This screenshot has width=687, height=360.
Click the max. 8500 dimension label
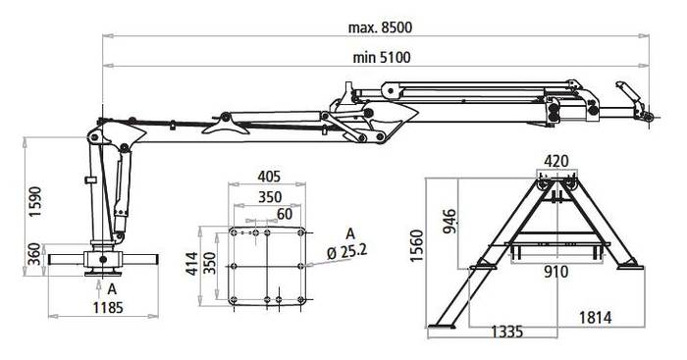pos(380,27)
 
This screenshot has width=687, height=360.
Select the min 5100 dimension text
pos(382,58)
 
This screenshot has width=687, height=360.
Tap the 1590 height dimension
pos(34,202)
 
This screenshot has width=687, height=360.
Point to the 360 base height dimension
pos(34,254)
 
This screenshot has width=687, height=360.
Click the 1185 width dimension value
pos(108,308)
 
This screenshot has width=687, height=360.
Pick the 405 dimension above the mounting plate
pos(269,177)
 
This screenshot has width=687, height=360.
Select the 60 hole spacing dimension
pos(285,214)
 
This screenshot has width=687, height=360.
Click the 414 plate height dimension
pos(192,264)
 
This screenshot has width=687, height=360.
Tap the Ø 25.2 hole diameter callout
pos(347,252)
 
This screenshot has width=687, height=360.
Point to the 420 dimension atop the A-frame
pos(556,161)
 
